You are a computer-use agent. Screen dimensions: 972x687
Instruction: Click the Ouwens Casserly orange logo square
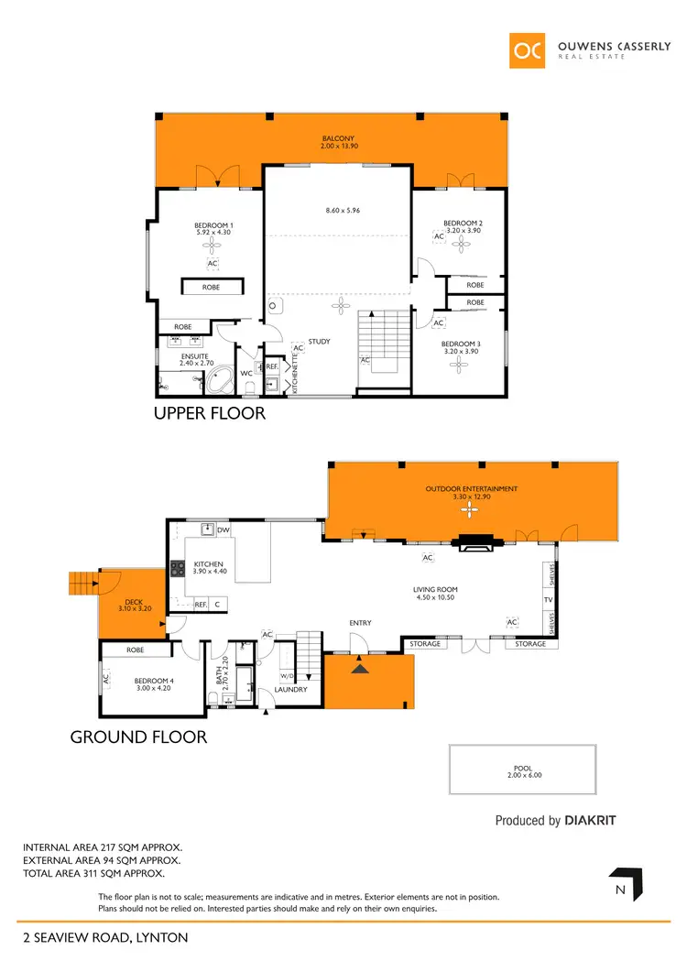click(529, 50)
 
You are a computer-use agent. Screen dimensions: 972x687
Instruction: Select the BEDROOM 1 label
click(213, 225)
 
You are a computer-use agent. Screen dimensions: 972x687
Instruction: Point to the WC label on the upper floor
click(246, 374)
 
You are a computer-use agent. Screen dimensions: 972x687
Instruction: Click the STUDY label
click(319, 342)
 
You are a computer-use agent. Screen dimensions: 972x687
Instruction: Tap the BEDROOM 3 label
click(462, 344)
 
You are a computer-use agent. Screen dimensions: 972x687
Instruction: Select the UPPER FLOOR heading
click(210, 413)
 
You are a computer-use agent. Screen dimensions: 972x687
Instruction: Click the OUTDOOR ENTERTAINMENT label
click(472, 489)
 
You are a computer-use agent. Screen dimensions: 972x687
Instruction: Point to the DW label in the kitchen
click(224, 530)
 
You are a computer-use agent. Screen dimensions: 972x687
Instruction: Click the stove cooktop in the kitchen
click(177, 569)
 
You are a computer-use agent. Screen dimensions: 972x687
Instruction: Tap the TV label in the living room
click(549, 601)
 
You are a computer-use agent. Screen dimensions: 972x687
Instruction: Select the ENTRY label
click(360, 623)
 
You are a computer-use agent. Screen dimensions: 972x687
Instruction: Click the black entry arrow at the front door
click(361, 669)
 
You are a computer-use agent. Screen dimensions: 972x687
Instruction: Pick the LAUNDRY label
click(290, 690)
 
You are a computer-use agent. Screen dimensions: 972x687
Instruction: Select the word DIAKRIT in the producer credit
click(590, 821)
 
